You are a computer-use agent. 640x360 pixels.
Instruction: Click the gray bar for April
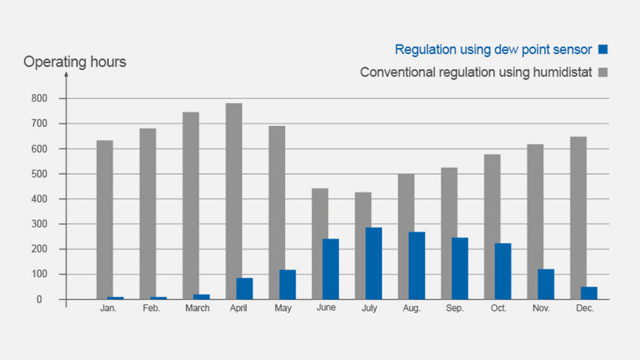(234, 191)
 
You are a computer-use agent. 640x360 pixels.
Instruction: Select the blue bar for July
(373, 264)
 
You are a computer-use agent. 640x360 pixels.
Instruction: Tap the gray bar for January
(104, 218)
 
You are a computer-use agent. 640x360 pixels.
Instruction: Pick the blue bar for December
(589, 293)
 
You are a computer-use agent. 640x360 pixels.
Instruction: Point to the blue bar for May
(287, 284)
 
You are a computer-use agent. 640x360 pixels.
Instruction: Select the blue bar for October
(502, 271)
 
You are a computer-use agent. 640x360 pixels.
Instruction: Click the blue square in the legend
(602, 49)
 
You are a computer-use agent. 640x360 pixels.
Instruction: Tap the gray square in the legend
(602, 73)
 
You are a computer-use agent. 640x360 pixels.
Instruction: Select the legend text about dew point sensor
(493, 49)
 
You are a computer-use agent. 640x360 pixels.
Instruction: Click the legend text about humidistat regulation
(476, 73)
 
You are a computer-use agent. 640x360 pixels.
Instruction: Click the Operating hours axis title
(75, 63)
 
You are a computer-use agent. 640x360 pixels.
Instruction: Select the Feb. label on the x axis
(151, 309)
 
